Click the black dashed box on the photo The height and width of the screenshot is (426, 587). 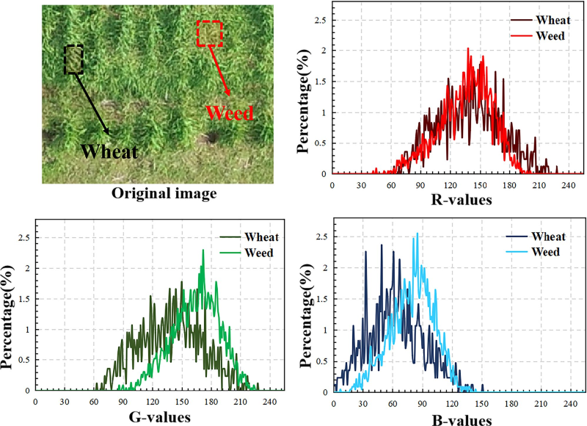tap(73, 59)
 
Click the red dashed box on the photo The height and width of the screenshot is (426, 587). tap(209, 33)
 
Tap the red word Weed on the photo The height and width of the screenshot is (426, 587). tap(230, 113)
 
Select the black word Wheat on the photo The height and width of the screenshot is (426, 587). tap(109, 152)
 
